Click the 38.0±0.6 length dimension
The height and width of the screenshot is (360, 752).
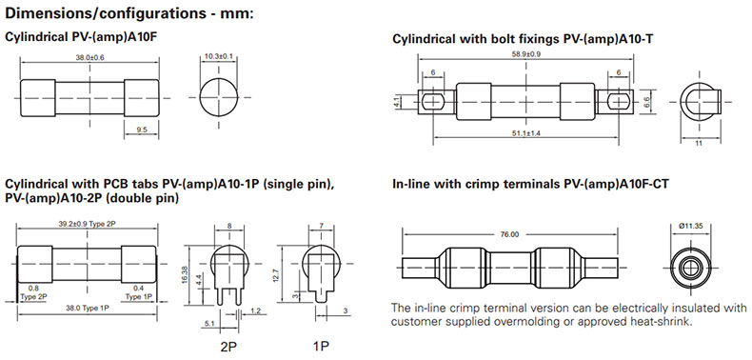[x=89, y=56]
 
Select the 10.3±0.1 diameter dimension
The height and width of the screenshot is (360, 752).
[x=219, y=56]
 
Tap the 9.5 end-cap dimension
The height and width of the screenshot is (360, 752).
[x=142, y=130]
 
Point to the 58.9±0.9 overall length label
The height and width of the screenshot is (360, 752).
[x=526, y=54]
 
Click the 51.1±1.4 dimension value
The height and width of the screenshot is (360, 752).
[x=526, y=133]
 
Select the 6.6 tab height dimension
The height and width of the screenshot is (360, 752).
[x=646, y=102]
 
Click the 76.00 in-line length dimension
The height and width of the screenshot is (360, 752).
[x=509, y=234]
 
